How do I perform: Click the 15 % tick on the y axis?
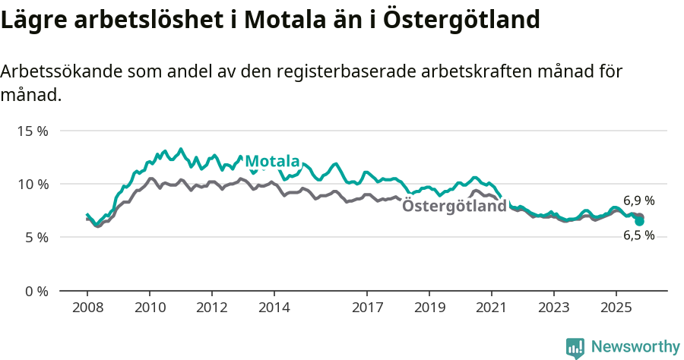click(32, 131)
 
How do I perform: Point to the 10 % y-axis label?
click(32, 184)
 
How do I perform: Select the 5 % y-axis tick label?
click(36, 237)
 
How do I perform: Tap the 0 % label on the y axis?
click(36, 291)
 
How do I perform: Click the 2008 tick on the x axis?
click(87, 308)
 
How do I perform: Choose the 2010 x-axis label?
click(150, 308)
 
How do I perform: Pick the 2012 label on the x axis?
click(212, 308)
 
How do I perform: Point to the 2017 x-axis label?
click(367, 308)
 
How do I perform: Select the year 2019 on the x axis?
click(429, 308)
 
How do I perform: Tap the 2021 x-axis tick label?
click(492, 308)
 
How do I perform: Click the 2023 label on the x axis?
click(553, 308)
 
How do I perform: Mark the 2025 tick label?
click(616, 308)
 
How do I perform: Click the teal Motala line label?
click(273, 161)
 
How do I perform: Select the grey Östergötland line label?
click(454, 206)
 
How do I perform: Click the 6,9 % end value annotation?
click(639, 201)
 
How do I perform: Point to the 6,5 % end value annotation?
click(639, 235)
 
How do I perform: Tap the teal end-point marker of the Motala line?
click(640, 221)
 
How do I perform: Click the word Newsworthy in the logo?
click(635, 347)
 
